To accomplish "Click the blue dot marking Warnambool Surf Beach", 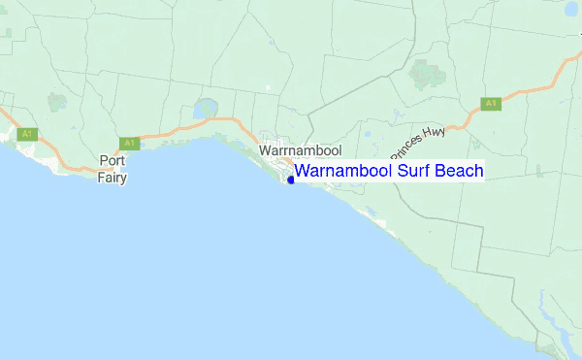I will point(291,180).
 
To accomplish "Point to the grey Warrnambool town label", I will point(300,150).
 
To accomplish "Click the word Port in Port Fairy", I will point(113,161).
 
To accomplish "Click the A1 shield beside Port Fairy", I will point(131,143).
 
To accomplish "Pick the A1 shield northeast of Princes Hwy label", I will point(491,103).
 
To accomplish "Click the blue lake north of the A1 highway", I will point(205,110).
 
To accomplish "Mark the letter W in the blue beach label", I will point(303,171).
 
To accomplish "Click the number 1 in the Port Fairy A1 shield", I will point(134,143).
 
